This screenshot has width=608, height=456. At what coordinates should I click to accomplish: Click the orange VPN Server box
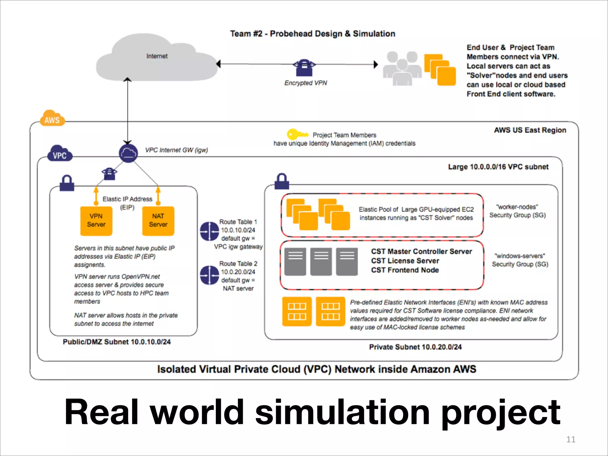click(x=96, y=221)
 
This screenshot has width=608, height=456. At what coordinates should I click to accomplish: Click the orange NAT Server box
click(x=158, y=221)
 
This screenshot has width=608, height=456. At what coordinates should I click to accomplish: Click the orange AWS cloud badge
click(x=52, y=119)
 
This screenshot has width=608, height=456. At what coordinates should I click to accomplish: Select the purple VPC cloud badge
click(x=60, y=154)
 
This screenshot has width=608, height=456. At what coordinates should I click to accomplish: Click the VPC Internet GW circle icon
click(x=128, y=153)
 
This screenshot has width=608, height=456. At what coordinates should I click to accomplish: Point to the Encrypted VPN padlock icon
click(x=304, y=68)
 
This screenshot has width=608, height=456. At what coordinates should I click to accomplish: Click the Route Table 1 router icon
click(x=210, y=231)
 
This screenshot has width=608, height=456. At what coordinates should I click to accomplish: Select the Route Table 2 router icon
click(x=210, y=275)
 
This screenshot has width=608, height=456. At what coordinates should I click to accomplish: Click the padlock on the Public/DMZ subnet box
click(x=67, y=183)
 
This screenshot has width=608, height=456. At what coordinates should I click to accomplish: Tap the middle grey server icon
click(x=321, y=262)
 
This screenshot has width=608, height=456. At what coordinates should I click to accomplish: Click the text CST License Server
click(x=405, y=261)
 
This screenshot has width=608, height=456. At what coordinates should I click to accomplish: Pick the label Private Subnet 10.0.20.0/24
click(x=415, y=347)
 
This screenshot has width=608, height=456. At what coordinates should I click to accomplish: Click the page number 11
click(x=571, y=439)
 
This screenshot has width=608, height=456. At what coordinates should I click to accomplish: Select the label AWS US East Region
click(x=530, y=130)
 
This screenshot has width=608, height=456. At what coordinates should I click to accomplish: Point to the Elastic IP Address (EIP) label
click(x=127, y=203)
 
